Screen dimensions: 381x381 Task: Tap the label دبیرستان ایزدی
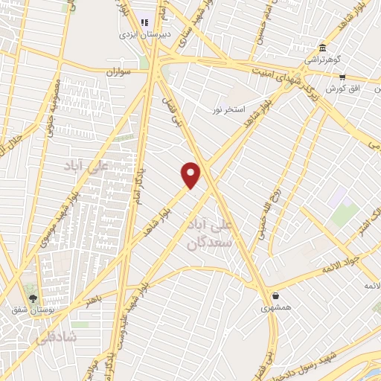point(145,34)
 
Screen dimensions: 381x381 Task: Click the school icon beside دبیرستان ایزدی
point(144,22)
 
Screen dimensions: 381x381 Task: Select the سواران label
point(118,72)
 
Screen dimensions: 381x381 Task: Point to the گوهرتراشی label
point(321,60)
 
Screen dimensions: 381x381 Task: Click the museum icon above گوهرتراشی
point(322,47)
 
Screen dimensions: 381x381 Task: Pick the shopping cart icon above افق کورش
point(342,76)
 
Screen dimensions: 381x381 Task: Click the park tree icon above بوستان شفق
point(31,297)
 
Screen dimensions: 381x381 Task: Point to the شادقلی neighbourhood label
point(56,336)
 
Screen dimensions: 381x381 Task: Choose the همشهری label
point(275,307)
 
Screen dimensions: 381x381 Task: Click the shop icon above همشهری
point(275,295)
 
